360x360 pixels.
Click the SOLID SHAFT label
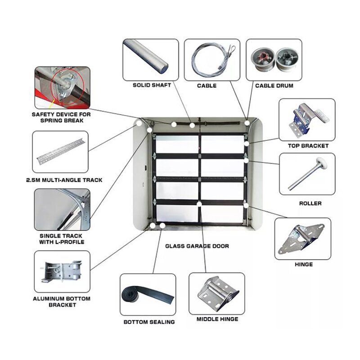pyautogui.click(x=151, y=85)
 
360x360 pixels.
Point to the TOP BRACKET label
pyautogui.click(x=308, y=146)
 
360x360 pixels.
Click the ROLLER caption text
pyautogui.click(x=310, y=203)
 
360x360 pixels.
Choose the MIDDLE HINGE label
pyautogui.click(x=217, y=319)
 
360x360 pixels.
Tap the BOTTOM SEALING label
pyautogui.click(x=149, y=322)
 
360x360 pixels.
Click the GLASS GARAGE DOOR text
pyautogui.click(x=197, y=246)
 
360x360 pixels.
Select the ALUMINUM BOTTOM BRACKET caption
pyautogui.click(x=62, y=302)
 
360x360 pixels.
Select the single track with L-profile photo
pyautogui.click(x=62, y=209)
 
